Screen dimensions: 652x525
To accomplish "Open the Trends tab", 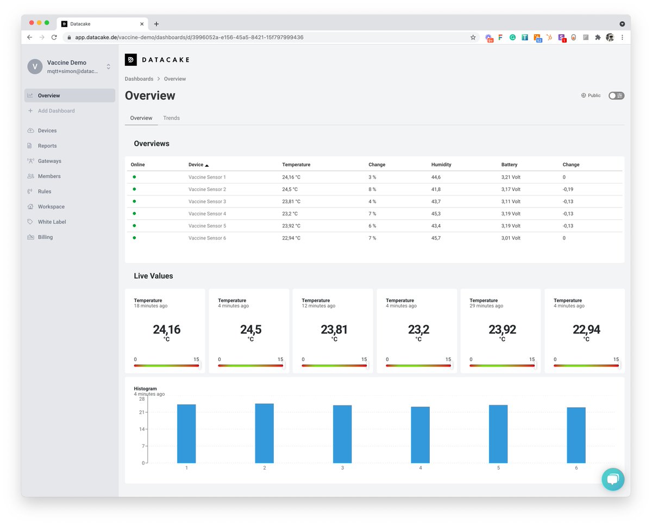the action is click(x=171, y=118).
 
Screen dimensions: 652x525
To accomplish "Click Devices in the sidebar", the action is click(x=47, y=130).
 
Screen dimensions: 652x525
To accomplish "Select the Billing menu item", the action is click(x=45, y=237).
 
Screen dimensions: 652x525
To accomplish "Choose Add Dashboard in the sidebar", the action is click(x=56, y=111).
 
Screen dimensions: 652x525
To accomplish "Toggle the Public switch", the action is click(x=616, y=96).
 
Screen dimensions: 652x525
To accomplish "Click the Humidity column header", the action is click(x=441, y=165).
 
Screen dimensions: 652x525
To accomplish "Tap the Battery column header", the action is click(x=509, y=165).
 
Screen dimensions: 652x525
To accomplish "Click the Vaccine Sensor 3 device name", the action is click(x=207, y=201).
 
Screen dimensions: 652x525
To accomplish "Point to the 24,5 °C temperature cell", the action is click(x=290, y=189).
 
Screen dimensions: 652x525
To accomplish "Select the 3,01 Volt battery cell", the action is click(x=511, y=238).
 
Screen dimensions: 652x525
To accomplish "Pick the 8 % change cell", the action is click(x=372, y=189).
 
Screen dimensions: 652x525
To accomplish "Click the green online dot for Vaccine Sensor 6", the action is click(x=134, y=238).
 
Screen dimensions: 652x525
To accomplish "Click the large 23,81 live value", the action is click(x=334, y=330).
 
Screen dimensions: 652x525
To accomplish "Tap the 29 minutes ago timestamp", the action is click(x=486, y=306).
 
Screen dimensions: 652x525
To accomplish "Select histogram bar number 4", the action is click(x=420, y=435).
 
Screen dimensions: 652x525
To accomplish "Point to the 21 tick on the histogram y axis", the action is click(x=141, y=412).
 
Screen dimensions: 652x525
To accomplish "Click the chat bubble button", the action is click(x=613, y=479).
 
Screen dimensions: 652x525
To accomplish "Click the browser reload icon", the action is click(x=54, y=37).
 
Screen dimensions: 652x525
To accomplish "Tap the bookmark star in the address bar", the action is click(x=473, y=37).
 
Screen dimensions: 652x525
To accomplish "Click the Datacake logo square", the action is click(x=130, y=60).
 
